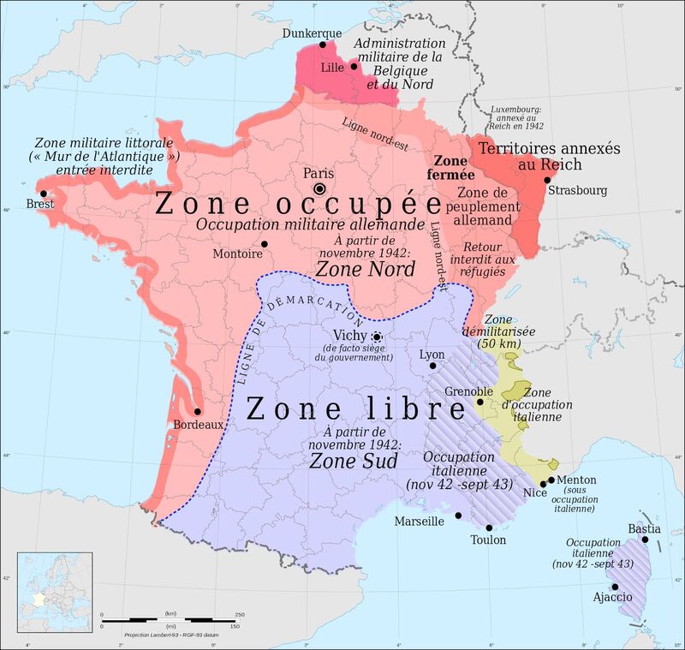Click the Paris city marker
[319, 188]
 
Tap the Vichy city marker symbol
[376, 337]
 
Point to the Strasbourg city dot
[547, 180]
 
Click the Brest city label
[40, 205]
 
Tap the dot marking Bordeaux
[197, 411]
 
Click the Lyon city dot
[432, 366]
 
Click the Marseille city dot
[458, 516]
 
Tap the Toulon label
[488, 540]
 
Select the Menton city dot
[551, 480]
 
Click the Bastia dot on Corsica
[646, 540]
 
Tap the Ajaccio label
[613, 596]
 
